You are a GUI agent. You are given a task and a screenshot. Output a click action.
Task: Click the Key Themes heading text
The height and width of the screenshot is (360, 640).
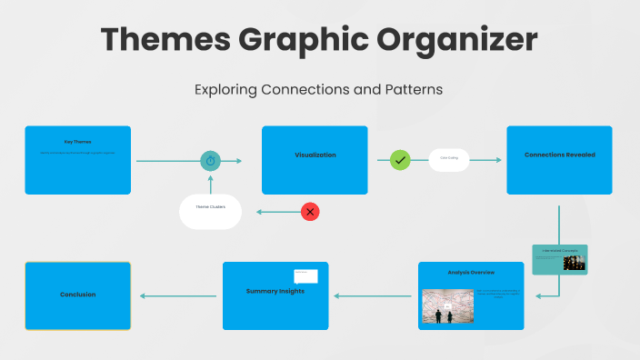pos(77,142)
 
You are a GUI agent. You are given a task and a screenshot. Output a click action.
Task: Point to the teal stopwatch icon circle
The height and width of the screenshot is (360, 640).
pos(211,161)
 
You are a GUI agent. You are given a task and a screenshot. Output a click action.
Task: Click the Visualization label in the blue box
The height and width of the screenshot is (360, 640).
pos(315,155)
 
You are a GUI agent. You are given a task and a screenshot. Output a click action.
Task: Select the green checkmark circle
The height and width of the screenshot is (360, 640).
pos(400,160)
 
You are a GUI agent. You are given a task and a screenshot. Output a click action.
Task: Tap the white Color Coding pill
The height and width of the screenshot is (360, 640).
pos(449,160)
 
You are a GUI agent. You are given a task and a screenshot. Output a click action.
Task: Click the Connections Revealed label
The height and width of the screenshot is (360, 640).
pos(559,155)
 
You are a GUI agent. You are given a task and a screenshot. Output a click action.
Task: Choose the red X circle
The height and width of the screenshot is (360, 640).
pos(310,212)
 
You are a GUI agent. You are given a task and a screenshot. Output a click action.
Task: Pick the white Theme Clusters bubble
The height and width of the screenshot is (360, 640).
pos(210,211)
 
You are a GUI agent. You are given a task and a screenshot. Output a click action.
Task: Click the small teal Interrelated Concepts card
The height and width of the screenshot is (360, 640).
pos(559,259)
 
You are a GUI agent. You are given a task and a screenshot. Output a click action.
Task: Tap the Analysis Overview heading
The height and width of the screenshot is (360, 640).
pos(471,273)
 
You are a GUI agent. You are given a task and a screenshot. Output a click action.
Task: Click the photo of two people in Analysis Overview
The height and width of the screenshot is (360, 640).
pos(444,307)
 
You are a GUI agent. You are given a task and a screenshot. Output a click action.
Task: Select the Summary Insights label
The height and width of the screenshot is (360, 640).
pos(275,291)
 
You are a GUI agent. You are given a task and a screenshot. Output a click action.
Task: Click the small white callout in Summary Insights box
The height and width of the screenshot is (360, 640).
pos(305,275)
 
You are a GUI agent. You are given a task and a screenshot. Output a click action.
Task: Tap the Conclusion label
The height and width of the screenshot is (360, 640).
pos(77,295)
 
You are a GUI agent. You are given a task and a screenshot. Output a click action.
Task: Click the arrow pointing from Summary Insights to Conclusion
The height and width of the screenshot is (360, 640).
pos(177,295)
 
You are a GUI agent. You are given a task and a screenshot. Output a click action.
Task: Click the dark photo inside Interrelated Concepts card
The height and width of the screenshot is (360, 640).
pos(574,263)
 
